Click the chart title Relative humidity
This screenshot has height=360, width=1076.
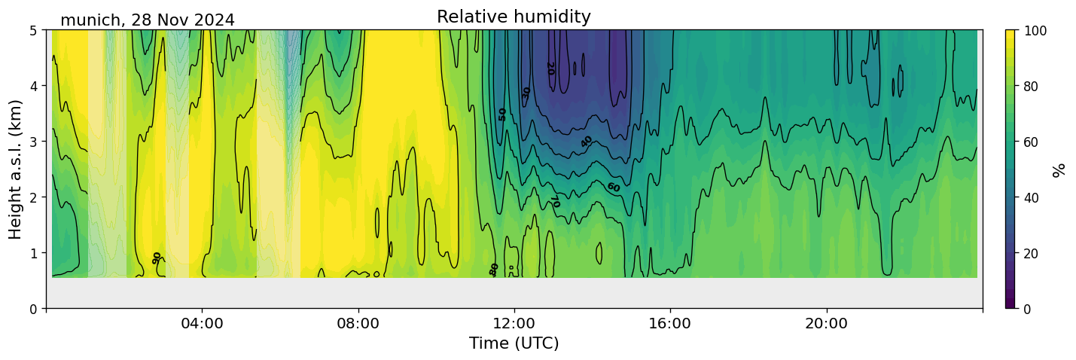[514, 17]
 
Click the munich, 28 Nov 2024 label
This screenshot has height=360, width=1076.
[148, 20]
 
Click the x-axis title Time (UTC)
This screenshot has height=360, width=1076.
[514, 343]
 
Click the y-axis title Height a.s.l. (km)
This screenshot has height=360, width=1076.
[16, 169]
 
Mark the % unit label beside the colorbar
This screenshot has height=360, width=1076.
[1060, 170]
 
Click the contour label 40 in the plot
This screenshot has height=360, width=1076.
[587, 142]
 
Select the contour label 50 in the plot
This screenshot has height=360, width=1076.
[502, 114]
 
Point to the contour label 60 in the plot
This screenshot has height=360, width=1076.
[613, 187]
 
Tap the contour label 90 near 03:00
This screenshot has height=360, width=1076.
[157, 258]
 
